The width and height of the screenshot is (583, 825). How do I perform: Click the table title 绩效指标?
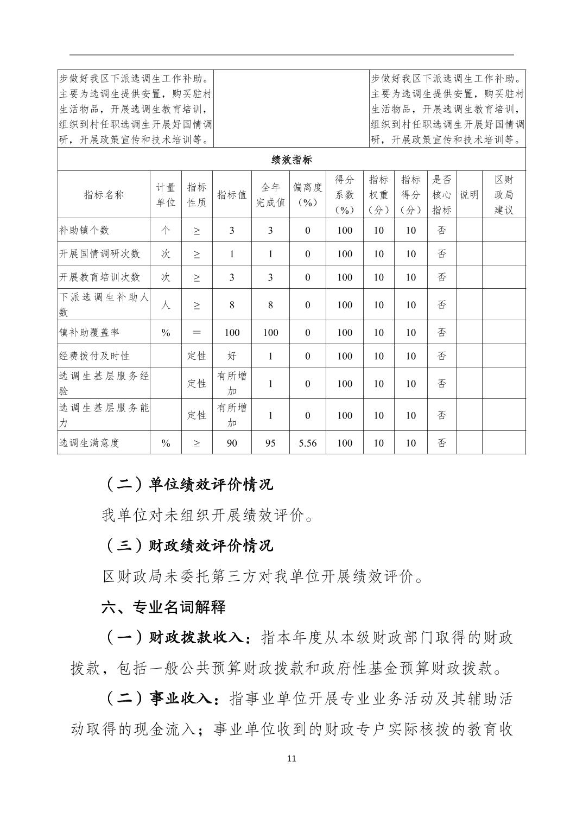[291, 160]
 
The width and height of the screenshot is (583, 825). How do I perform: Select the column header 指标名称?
[104, 195]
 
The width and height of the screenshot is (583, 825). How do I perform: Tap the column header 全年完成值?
[270, 195]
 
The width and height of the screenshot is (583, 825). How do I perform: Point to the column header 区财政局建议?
[503, 195]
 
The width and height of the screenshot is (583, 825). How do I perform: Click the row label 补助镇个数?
[84, 230]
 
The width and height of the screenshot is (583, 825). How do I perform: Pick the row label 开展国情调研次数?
[99, 253]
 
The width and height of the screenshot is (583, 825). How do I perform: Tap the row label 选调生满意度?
[89, 443]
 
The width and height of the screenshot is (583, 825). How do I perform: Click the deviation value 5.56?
[307, 443]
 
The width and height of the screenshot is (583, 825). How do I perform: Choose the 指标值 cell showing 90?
[232, 443]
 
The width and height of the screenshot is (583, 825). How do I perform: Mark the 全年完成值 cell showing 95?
[270, 443]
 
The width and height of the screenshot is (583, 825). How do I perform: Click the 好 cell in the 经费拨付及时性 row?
[232, 356]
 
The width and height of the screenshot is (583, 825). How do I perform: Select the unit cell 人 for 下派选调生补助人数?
[166, 304]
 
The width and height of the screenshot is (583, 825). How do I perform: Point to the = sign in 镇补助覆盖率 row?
[197, 332]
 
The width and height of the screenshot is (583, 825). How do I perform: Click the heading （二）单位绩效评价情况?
[188, 484]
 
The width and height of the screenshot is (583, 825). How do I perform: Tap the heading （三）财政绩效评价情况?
[188, 545]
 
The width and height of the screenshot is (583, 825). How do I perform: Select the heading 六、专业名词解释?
[163, 607]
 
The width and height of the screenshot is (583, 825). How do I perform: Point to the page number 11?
[291, 758]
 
